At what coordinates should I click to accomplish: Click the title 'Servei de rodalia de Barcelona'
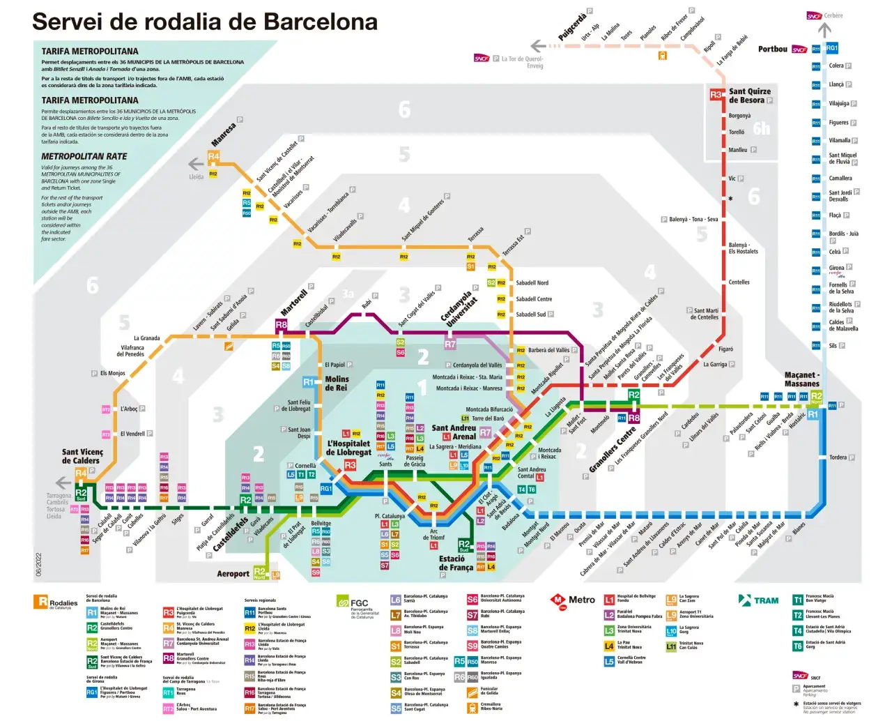[x=204, y=22]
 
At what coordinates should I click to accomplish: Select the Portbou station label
[x=772, y=49]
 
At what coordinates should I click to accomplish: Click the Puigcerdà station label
[x=572, y=26]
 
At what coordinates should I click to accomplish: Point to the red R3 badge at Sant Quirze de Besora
[x=716, y=95]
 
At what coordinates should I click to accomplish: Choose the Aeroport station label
[x=233, y=574]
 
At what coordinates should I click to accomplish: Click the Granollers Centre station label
[x=613, y=450]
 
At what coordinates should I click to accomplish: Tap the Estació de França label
[x=456, y=563]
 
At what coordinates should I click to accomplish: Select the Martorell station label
[x=294, y=303]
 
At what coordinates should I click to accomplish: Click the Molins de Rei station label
[x=337, y=384]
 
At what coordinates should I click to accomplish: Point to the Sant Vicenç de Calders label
[x=82, y=456]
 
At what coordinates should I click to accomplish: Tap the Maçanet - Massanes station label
[x=802, y=379]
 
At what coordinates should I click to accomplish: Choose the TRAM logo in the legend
[x=759, y=600]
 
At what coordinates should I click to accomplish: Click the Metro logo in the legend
[x=573, y=600]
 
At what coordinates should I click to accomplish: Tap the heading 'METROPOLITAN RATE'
[x=84, y=156]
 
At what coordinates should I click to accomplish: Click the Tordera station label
[x=838, y=458]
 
